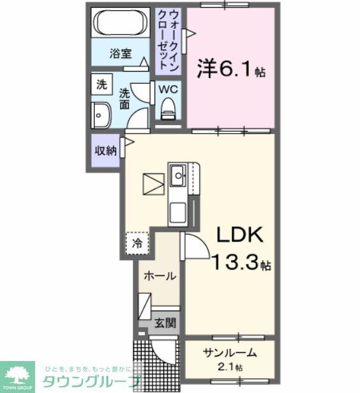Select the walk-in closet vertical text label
(x=169, y=39)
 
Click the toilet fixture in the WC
(x=169, y=109)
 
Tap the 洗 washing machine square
(x=101, y=84)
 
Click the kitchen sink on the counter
(x=178, y=173)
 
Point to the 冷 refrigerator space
(x=137, y=243)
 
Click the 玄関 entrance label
(x=164, y=323)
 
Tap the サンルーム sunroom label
(x=230, y=353)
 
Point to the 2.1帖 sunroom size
(x=230, y=367)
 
